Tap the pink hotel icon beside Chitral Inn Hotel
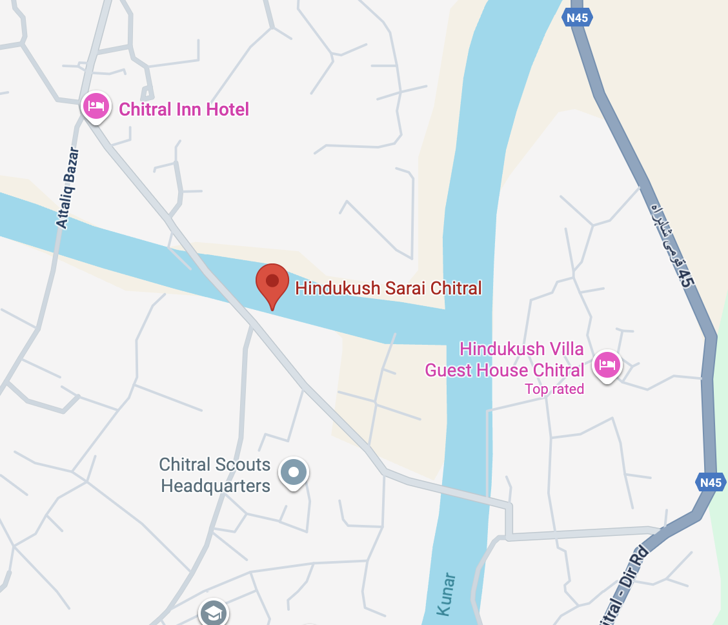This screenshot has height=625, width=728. pyautogui.click(x=96, y=105)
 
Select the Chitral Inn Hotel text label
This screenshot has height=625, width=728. pyautogui.click(x=184, y=109)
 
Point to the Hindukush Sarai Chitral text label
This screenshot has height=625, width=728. pyautogui.click(x=389, y=288)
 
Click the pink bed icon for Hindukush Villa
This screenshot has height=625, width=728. pyautogui.click(x=607, y=365)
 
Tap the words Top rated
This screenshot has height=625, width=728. pyautogui.click(x=554, y=389)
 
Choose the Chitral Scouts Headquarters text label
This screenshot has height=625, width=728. pyautogui.click(x=215, y=475)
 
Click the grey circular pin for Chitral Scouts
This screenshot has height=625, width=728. pyautogui.click(x=294, y=473)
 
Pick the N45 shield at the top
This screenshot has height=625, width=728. pyautogui.click(x=577, y=18)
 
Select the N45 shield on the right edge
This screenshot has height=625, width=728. pyautogui.click(x=711, y=482)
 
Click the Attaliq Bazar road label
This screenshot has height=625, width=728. pyautogui.click(x=67, y=189)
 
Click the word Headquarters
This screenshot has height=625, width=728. pyautogui.click(x=215, y=486)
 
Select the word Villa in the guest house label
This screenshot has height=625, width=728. pyautogui.click(x=565, y=349)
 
